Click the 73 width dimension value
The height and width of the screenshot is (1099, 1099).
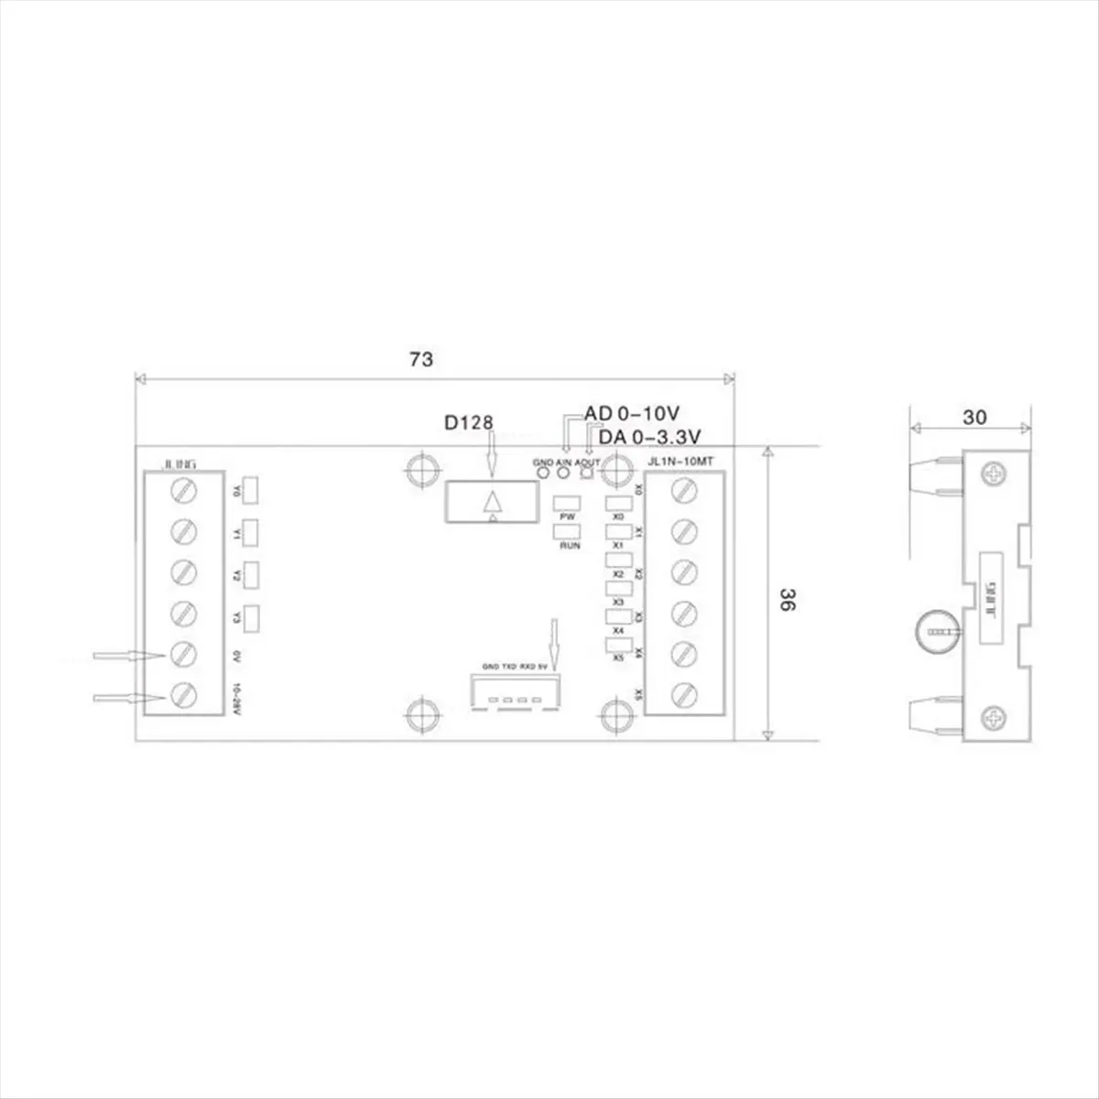[x=420, y=359]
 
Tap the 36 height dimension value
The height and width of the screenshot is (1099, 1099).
[x=786, y=600]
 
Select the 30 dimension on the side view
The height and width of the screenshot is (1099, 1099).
[x=974, y=418]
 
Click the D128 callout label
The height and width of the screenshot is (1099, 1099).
[x=468, y=422]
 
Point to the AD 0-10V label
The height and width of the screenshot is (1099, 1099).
[x=632, y=414]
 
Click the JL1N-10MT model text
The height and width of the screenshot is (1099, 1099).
[x=680, y=462]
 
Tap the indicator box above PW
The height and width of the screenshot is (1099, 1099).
[x=568, y=503]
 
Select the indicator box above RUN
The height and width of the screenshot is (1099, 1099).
[x=568, y=531]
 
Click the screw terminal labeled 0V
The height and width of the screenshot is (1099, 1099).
[x=185, y=654]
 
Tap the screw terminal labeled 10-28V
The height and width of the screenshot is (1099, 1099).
[x=185, y=694]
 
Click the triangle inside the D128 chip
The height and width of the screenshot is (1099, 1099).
[x=494, y=502]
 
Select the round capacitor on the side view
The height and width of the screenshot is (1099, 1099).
[x=935, y=631]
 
